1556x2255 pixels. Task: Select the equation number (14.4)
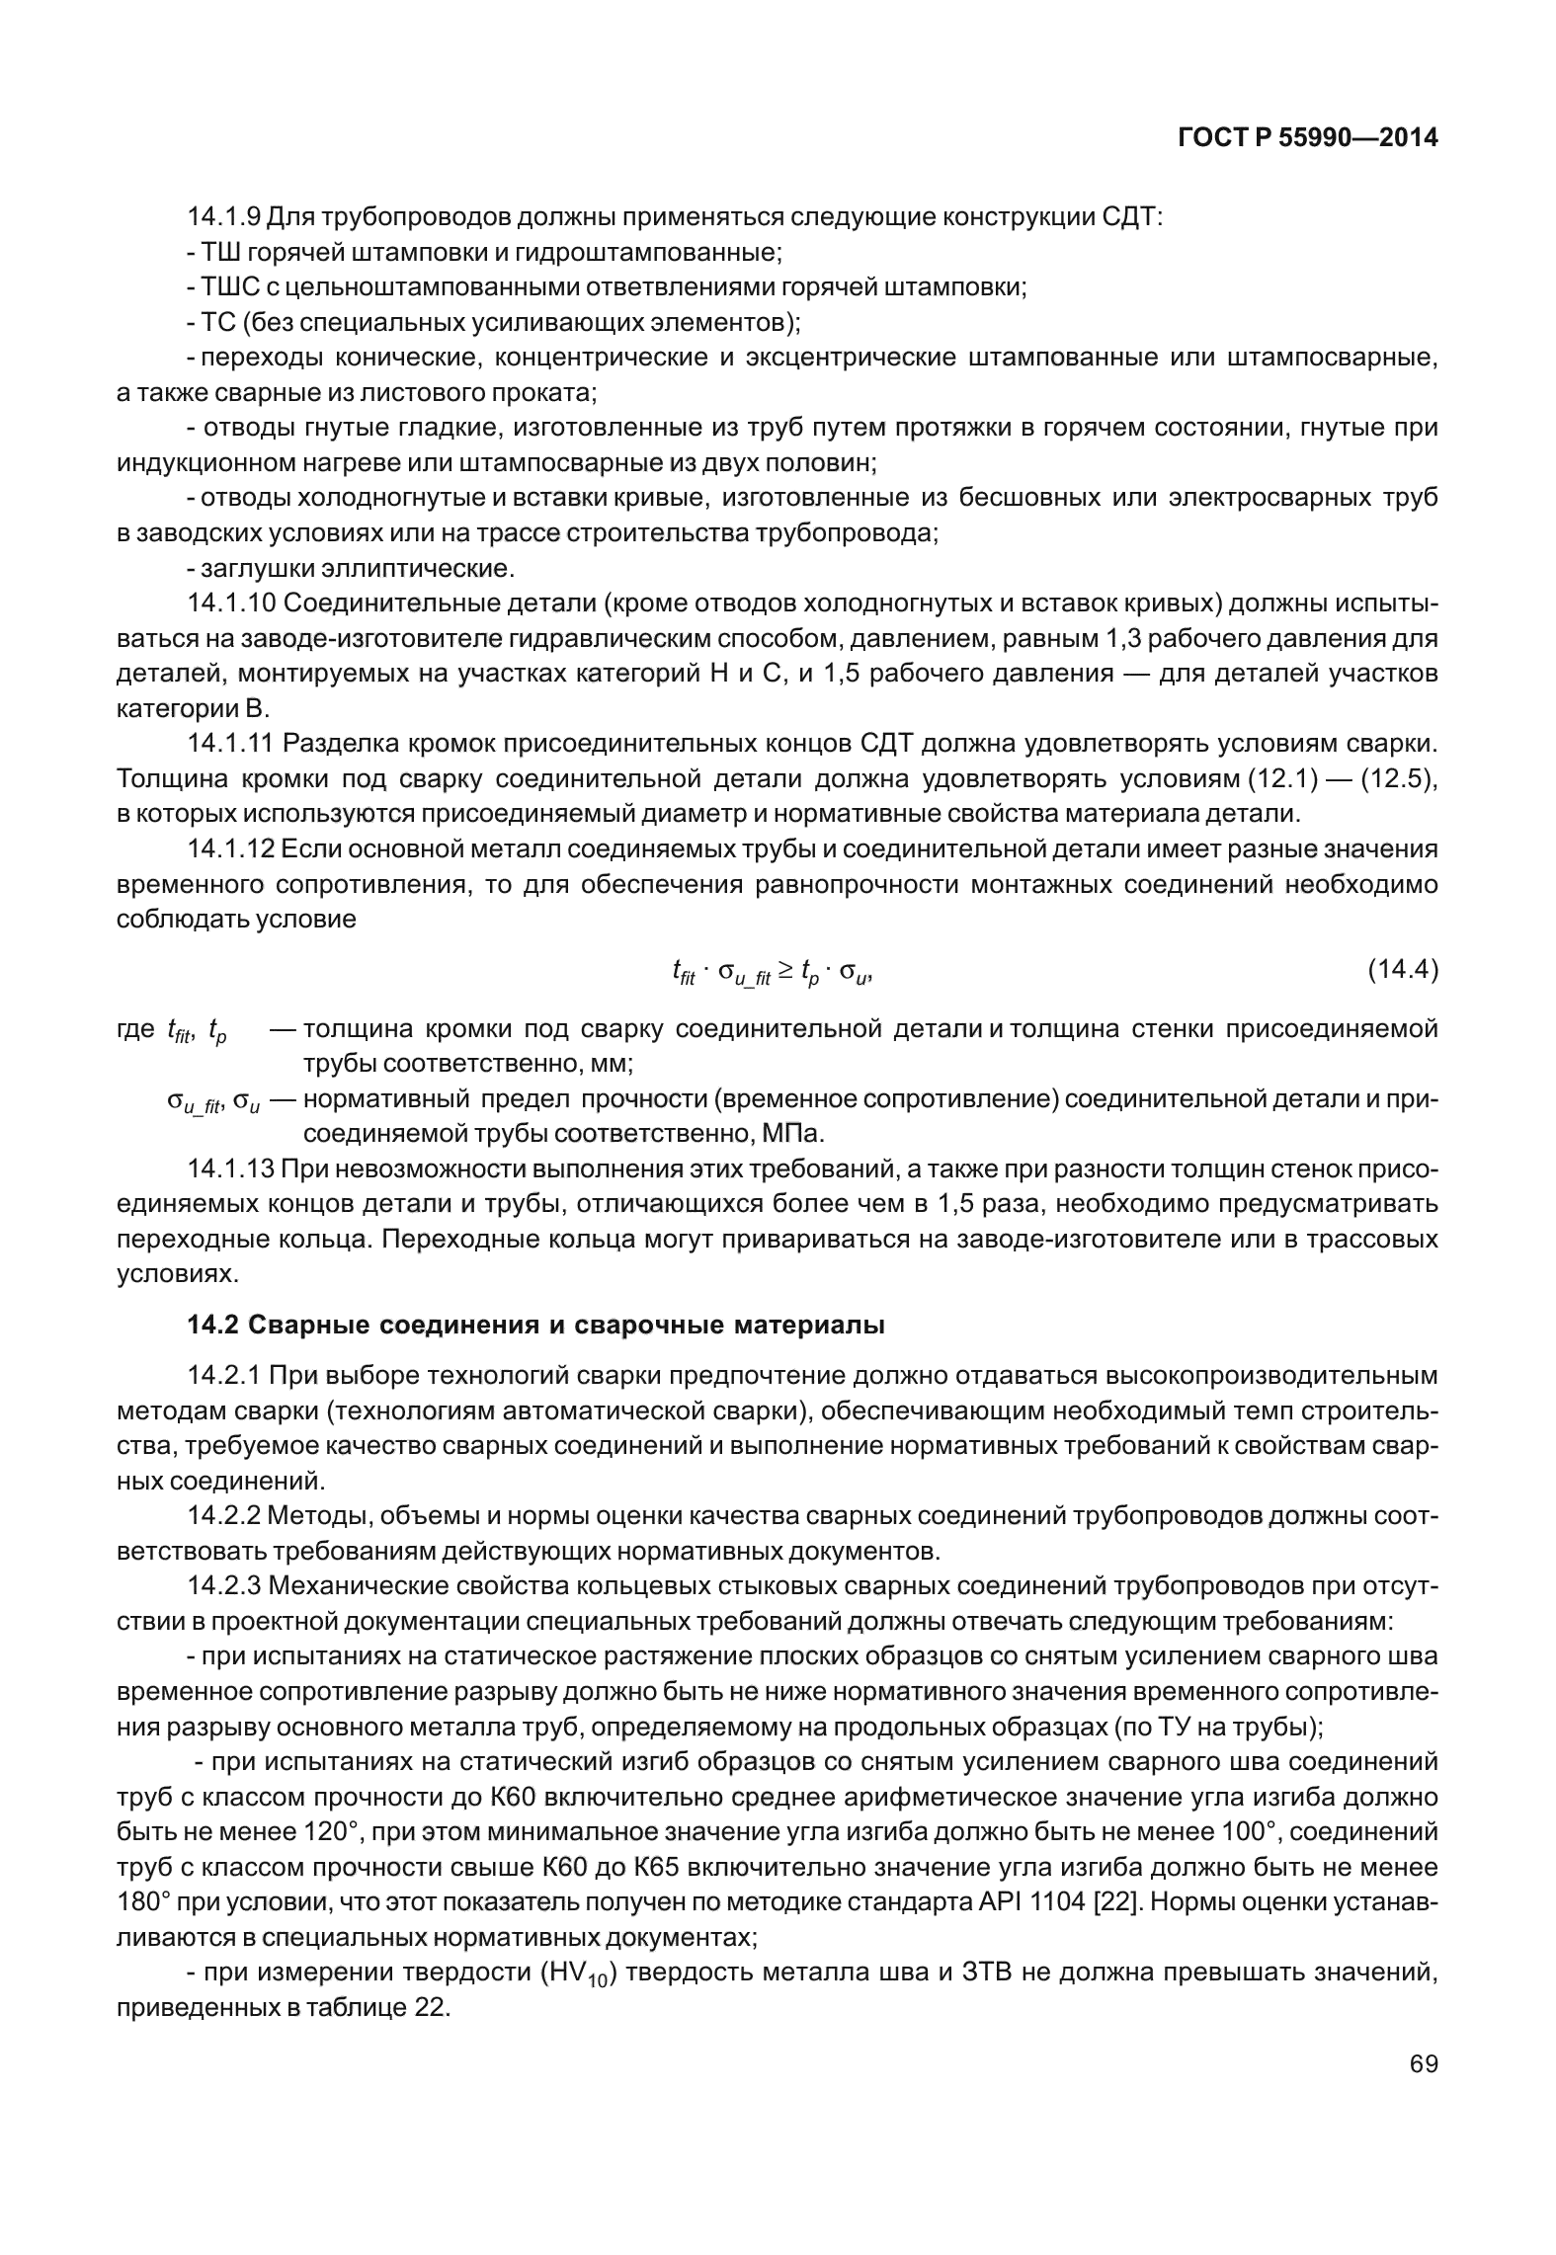click(x=1402, y=971)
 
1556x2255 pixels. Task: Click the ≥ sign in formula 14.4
click(x=785, y=972)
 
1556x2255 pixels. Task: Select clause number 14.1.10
click(x=231, y=603)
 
